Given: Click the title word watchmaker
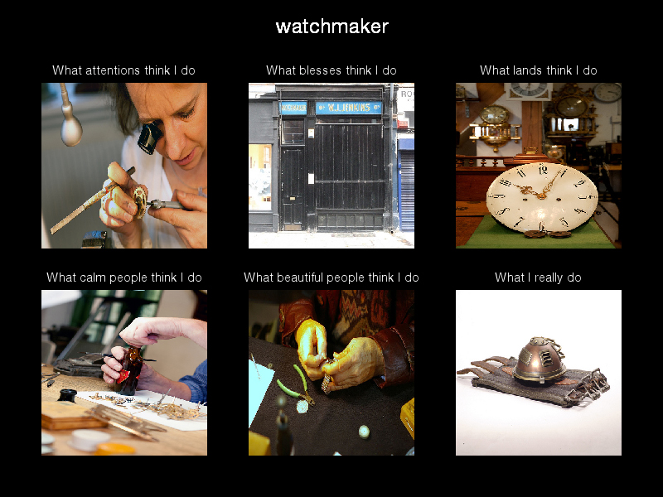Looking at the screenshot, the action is pos(332,27).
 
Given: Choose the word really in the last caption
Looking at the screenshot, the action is pos(549,277).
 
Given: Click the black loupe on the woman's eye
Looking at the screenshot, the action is pos(150,138).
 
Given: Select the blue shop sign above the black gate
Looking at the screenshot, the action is pos(348,108).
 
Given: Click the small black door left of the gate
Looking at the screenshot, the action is pos(293,189).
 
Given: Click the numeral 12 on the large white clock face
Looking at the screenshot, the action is pos(543,170).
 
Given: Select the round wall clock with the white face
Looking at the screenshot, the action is pos(607,93).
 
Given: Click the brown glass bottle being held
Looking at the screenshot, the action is pos(129,370).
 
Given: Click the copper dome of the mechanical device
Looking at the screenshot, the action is pos(540,359).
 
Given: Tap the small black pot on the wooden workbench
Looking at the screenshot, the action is pos(67,396).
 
